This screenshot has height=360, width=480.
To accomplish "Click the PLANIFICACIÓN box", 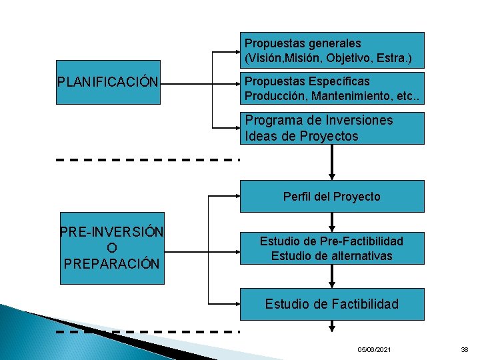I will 108,83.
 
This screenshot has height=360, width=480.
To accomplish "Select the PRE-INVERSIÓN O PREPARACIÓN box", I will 112,247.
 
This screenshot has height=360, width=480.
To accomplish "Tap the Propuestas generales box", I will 332,51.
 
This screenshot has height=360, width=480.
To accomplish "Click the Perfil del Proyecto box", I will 332,196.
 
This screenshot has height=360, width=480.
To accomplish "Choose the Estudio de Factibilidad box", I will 332,304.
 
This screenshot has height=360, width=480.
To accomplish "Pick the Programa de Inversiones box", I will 332,128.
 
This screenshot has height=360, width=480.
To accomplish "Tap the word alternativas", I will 361,255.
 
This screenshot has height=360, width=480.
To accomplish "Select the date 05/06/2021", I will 375,350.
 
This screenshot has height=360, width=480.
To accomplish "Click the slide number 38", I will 465,350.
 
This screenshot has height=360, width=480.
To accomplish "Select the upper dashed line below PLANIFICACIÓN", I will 147,160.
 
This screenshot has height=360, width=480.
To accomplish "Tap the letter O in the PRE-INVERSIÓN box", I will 111,247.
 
